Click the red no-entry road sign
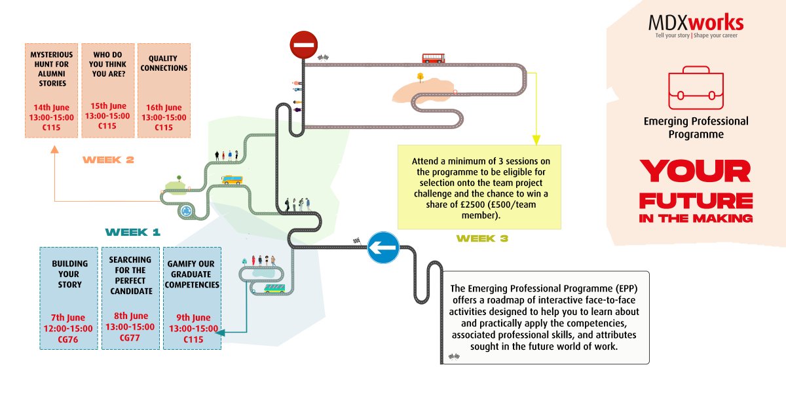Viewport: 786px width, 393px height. (304, 45)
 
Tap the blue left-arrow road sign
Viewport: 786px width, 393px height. (383, 248)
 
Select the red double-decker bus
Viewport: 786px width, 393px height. (434, 58)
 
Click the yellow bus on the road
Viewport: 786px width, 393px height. (232, 180)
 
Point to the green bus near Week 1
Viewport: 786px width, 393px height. (274, 288)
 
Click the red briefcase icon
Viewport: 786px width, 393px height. (696, 88)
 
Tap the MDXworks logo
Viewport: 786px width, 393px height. (696, 26)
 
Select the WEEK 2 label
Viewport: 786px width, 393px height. (108, 160)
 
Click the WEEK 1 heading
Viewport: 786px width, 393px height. (132, 233)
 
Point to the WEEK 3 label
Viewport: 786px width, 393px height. (482, 238)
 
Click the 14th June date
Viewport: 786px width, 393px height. (51, 107)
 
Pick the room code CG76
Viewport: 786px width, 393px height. (68, 340)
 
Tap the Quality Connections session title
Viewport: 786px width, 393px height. (164, 63)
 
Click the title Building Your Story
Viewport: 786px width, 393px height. (69, 274)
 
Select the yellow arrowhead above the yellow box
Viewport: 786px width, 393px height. (536, 140)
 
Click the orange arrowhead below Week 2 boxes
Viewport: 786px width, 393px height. (54, 149)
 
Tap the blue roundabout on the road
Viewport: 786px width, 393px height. (186, 211)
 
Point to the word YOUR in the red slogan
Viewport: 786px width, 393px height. (695, 171)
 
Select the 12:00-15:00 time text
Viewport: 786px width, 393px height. (68, 329)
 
